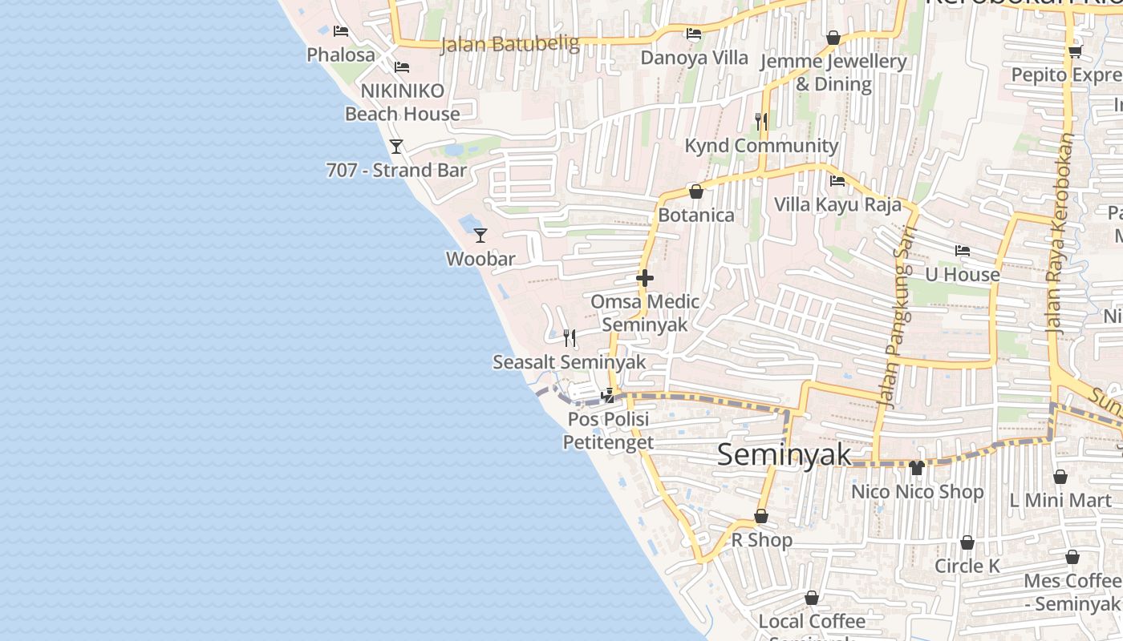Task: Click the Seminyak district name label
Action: click(x=784, y=455)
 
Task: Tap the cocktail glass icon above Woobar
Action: click(x=480, y=235)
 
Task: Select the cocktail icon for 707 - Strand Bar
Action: click(x=395, y=146)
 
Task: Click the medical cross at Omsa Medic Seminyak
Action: click(x=644, y=278)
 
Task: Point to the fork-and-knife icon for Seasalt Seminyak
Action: click(x=570, y=338)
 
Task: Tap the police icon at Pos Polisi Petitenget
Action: click(x=608, y=395)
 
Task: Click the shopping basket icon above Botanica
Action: click(x=695, y=191)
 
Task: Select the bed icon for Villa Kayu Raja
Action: click(x=837, y=180)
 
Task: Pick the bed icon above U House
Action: click(x=963, y=251)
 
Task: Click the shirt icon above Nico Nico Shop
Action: click(x=917, y=467)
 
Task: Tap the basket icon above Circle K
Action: click(x=967, y=542)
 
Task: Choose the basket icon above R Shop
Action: click(x=761, y=516)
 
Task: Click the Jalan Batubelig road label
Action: click(x=509, y=44)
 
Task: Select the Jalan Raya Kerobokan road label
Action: click(x=1060, y=232)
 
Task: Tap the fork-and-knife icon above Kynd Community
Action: click(x=761, y=122)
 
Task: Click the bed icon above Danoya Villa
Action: click(x=694, y=34)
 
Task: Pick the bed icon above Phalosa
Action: click(x=341, y=31)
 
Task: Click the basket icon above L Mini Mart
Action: click(x=1060, y=477)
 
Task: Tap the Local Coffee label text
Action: click(x=812, y=622)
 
